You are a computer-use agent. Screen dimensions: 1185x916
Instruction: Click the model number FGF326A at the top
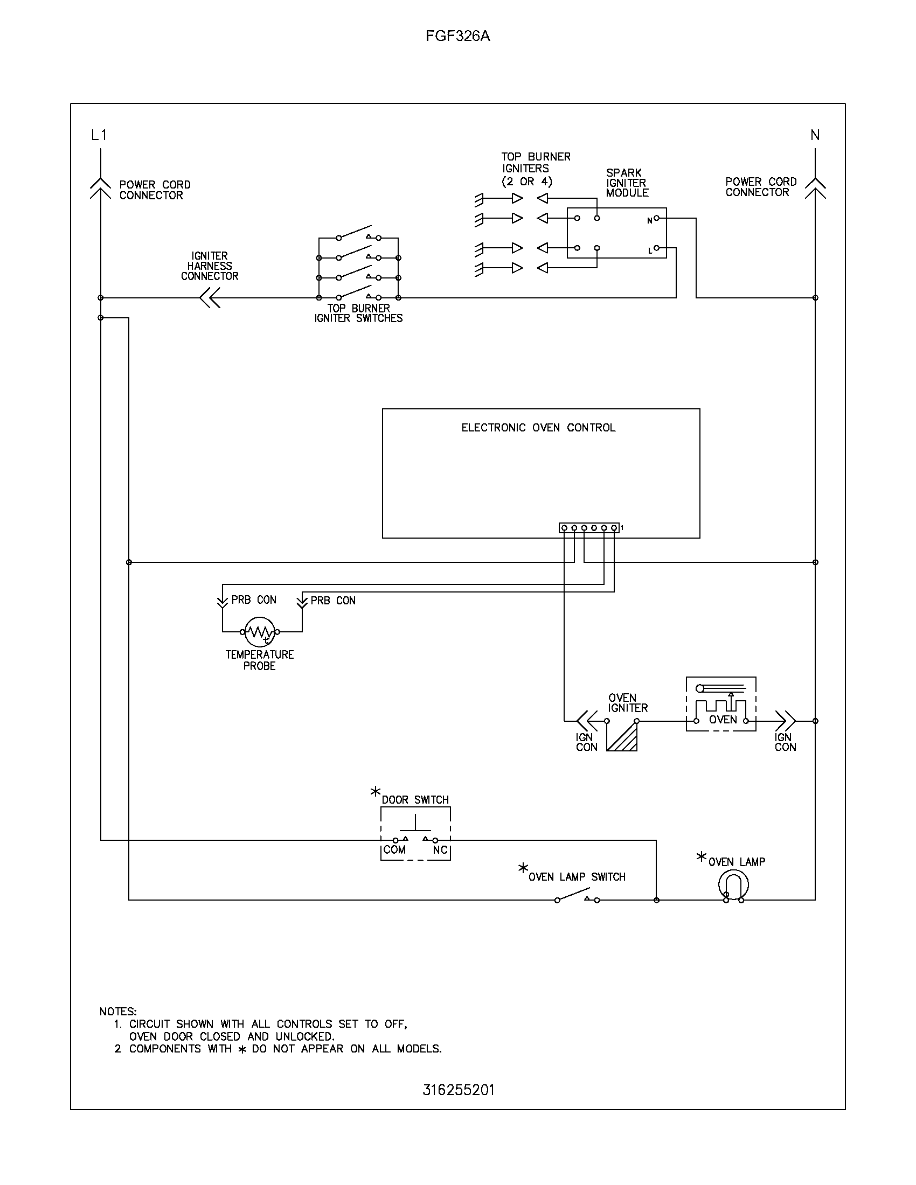coord(457,36)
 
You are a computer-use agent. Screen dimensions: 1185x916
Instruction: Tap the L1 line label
coord(99,135)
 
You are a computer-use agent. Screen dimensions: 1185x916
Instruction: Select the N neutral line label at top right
coord(815,135)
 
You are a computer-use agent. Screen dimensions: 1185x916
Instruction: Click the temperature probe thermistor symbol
coord(260,632)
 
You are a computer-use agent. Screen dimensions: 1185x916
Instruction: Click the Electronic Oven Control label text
coord(538,428)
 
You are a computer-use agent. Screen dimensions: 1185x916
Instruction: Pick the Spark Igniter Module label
coord(627,183)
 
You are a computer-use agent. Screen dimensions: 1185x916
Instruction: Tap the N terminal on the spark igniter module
coord(656,218)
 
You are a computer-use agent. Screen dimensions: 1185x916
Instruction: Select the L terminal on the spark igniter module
coord(656,248)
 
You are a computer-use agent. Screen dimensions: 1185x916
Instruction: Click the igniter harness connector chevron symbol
coord(210,298)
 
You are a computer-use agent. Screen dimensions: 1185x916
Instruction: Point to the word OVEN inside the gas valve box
coord(722,720)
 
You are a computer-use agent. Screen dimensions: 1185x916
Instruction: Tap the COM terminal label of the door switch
coord(394,849)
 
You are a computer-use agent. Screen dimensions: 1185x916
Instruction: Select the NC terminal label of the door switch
coord(440,849)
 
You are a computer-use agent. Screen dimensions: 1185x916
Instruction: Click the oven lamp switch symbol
coord(577,895)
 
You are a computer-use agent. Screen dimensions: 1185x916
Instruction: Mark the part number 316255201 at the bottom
coord(459,1091)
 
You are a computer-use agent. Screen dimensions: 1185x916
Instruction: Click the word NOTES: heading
coord(118,1012)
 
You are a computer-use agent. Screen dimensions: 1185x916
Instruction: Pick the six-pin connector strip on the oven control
coord(589,528)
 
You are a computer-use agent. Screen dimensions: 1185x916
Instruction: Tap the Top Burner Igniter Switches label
coord(358,313)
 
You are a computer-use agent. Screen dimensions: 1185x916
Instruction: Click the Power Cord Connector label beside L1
coord(155,190)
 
